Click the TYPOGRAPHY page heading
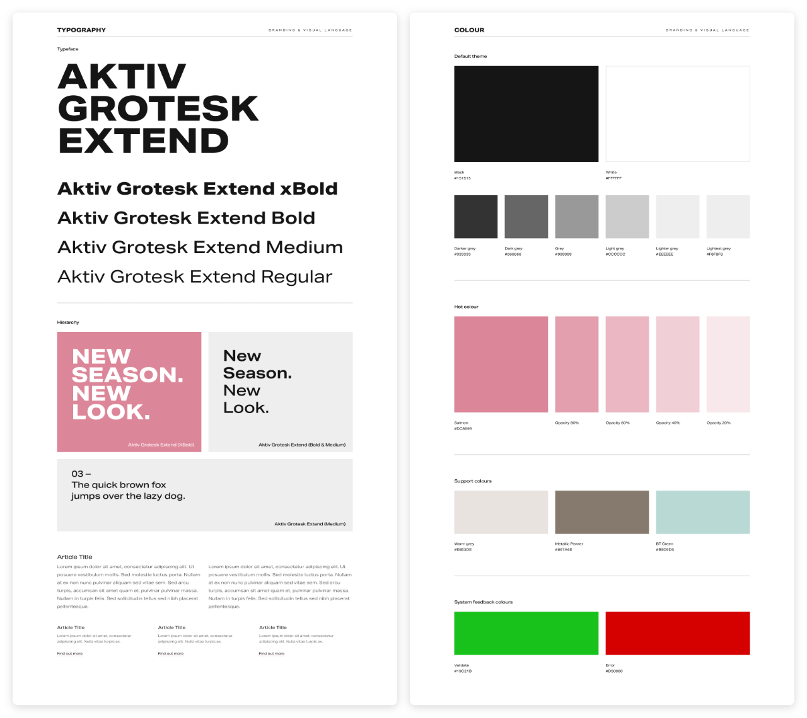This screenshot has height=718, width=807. [81, 30]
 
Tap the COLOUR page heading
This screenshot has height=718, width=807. [469, 30]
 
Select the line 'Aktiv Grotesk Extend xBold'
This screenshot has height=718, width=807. [197, 189]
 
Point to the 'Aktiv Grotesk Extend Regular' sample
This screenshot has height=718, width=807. [195, 277]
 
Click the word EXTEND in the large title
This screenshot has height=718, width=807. [144, 141]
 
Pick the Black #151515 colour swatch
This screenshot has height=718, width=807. [526, 114]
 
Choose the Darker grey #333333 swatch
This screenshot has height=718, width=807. [475, 217]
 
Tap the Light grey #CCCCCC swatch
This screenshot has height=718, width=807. [627, 217]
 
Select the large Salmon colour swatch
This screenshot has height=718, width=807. [501, 364]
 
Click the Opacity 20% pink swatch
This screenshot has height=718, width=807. [728, 364]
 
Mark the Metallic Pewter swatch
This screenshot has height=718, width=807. [601, 512]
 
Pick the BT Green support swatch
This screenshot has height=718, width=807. [702, 512]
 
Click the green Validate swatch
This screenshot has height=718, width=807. [526, 633]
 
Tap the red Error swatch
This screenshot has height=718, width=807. [677, 633]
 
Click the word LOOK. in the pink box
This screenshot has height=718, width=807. [111, 412]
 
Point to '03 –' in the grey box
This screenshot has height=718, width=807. [81, 474]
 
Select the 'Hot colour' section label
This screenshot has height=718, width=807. [466, 307]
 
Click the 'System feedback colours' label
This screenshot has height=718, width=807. [483, 602]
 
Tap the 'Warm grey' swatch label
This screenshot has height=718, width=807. [464, 544]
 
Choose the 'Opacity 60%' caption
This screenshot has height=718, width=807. [617, 423]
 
